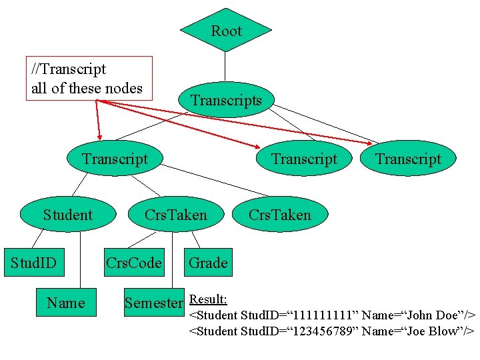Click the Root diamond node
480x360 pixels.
226,30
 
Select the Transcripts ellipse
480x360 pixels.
226,99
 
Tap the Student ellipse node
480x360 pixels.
68,214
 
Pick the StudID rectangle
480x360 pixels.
34,263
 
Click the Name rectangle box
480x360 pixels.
66,302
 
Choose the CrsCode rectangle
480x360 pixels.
134,263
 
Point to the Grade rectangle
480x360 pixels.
208,263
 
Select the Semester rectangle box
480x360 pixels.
154,302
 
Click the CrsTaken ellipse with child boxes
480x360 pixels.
176,214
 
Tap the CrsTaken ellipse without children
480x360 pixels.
280,214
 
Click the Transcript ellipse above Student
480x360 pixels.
115,158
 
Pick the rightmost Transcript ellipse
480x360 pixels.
408,158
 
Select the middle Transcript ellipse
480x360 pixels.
304,158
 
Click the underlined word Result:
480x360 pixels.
208,299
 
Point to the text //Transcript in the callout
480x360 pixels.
69,69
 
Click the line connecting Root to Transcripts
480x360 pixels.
225,67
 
